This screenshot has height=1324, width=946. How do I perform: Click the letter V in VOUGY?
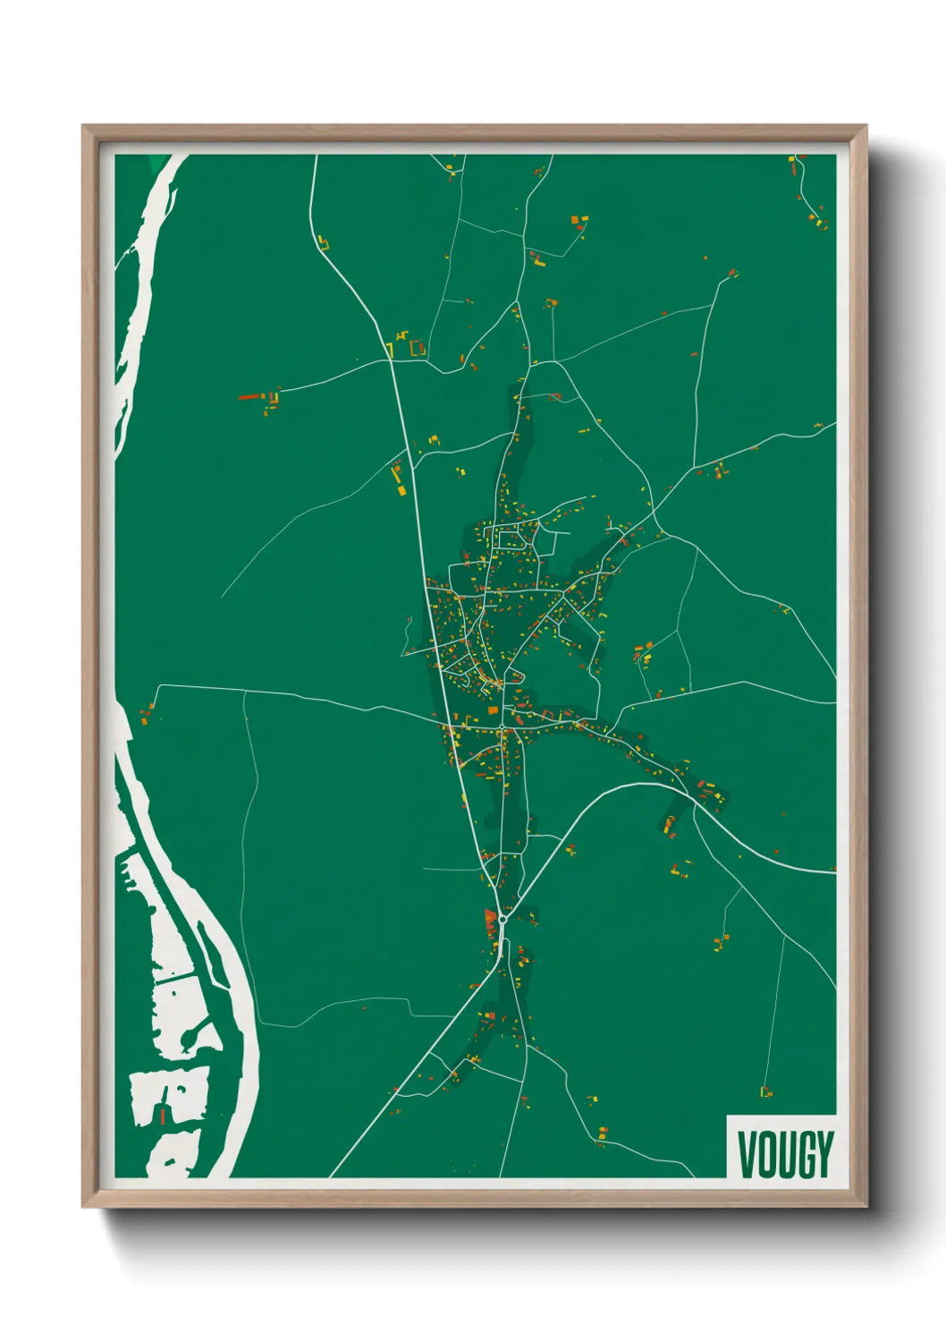pos(747,1155)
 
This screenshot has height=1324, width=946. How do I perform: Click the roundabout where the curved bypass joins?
pos(503,918)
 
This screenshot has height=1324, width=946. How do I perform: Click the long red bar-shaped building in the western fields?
pos(249,396)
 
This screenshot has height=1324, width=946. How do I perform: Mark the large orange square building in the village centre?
pos(493,710)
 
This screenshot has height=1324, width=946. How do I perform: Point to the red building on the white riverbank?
pos(164,1116)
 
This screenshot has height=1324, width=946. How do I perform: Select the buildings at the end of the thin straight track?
pos(765,1091)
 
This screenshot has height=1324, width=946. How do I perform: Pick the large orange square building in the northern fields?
pos(576,219)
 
